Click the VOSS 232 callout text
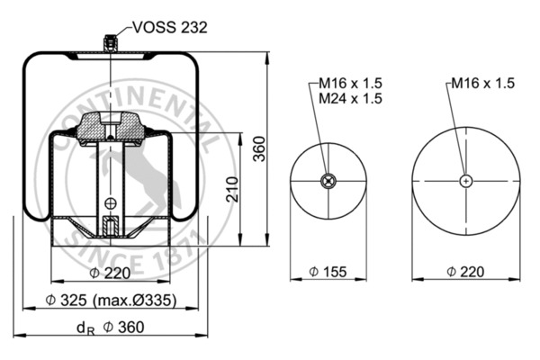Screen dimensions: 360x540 click(171, 28)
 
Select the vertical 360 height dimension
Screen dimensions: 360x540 click(259, 150)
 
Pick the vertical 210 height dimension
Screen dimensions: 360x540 click(233, 189)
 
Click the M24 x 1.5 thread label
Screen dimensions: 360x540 click(351, 98)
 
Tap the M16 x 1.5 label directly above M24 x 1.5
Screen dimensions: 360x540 click(351, 84)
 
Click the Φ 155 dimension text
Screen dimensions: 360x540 click(328, 272)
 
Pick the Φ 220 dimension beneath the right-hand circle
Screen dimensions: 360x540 click(466, 272)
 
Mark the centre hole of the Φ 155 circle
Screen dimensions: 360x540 click(328, 182)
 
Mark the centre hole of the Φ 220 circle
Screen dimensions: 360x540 click(465, 181)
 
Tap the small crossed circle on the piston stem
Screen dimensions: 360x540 click(110, 202)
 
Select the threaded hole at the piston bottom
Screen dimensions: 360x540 click(110, 226)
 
